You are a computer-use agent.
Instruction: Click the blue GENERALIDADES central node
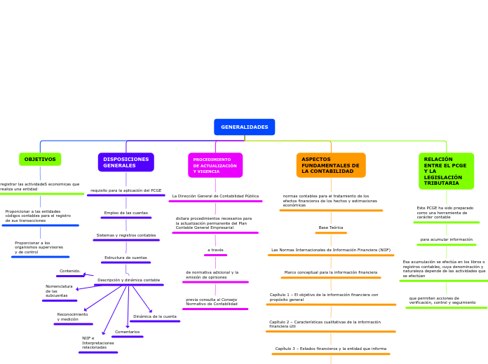tap(244, 127)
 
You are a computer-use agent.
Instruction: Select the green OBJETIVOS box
tap(40, 160)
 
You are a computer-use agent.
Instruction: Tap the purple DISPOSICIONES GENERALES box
tap(126, 162)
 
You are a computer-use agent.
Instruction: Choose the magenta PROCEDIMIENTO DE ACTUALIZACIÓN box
tap(215, 165)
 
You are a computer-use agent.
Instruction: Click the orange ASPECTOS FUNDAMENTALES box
tap(331, 165)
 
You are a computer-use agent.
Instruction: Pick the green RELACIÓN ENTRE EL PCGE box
tap(446, 171)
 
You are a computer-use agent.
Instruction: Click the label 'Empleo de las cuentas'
tap(126, 213)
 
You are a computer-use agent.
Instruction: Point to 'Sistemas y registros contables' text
tap(126, 235)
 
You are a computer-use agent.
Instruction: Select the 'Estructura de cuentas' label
tap(126, 258)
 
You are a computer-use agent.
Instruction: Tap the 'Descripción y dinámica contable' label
tap(129, 280)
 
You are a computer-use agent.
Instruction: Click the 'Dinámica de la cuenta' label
tap(155, 316)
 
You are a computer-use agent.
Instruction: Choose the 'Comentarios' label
tap(128, 332)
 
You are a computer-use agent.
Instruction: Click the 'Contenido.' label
tap(70, 271)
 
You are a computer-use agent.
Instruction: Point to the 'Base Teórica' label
tap(331, 227)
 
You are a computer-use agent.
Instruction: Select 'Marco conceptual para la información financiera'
tap(331, 272)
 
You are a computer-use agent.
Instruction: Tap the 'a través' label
tap(215, 250)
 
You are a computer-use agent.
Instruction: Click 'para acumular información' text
tap(447, 239)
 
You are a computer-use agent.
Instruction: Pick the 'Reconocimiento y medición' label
tap(73, 317)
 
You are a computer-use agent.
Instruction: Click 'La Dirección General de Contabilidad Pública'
tap(215, 196)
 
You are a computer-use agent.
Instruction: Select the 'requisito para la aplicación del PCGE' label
tap(126, 190)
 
